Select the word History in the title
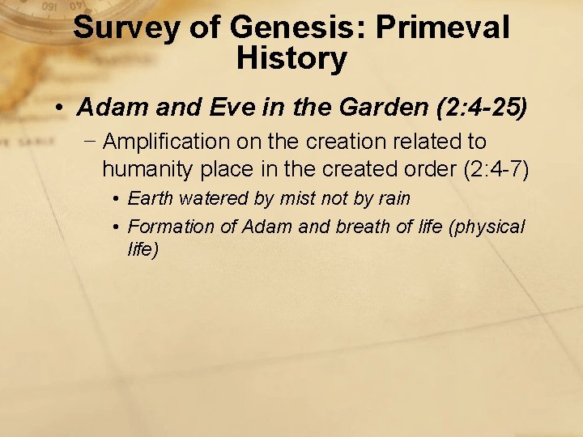coord(291,58)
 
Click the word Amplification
coord(166,142)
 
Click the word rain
coord(393,198)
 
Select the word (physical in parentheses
coord(485,227)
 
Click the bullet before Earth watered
coord(117,199)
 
